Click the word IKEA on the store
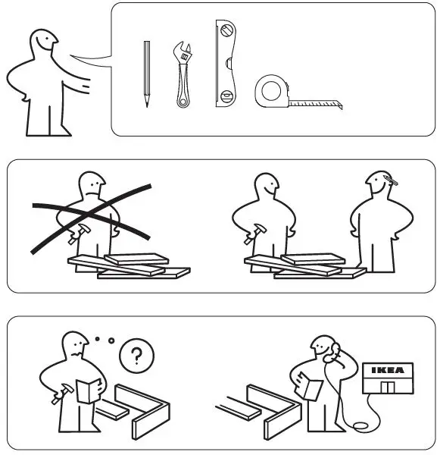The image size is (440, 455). pos(390,371)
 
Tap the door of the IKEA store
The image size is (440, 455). pos(389,387)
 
